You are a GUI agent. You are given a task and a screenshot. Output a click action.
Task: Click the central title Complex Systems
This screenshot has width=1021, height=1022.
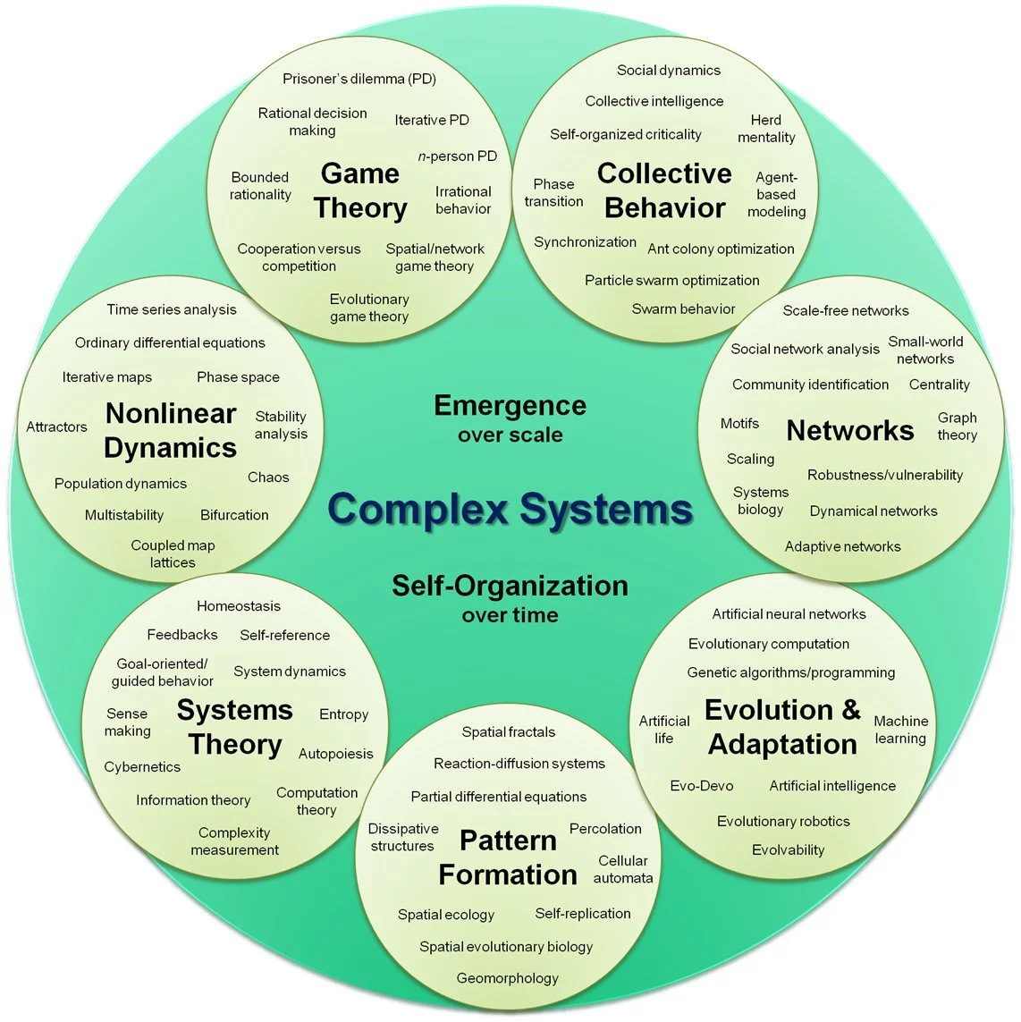point(510,509)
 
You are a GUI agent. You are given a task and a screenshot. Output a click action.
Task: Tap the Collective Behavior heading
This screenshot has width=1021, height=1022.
point(664,190)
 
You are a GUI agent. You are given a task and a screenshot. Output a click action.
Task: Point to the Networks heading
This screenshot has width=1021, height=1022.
point(849,431)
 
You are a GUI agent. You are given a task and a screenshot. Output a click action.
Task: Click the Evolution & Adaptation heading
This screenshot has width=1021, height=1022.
point(782,727)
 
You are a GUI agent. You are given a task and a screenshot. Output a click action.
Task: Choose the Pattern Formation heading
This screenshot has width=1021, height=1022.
point(508,857)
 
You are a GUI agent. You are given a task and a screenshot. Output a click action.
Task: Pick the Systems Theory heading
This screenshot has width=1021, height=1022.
point(235,727)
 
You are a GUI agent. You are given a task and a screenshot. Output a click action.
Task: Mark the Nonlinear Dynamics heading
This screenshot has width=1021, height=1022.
point(170,430)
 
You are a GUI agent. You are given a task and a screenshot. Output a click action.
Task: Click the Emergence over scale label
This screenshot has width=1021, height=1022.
point(510,418)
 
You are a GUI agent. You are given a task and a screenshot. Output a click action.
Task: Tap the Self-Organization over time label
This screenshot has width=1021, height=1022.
point(510,597)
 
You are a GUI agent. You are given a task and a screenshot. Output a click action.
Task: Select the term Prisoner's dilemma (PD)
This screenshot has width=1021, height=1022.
point(359,79)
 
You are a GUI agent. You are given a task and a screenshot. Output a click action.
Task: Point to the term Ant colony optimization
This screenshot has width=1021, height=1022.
point(721,249)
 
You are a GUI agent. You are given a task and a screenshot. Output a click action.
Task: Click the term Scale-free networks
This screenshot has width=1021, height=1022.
point(845,310)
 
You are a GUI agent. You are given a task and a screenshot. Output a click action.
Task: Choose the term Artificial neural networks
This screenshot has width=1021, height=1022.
point(789,614)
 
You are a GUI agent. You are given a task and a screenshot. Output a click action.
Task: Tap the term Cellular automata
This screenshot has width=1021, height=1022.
point(623,869)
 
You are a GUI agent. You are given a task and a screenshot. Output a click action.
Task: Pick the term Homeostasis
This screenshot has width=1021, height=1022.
point(239,606)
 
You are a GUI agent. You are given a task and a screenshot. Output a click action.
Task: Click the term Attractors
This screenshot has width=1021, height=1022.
point(56,427)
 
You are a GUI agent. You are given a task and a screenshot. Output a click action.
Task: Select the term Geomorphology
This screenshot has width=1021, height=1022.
point(507,978)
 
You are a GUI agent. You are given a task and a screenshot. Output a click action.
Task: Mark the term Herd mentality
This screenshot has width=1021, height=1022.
point(766,129)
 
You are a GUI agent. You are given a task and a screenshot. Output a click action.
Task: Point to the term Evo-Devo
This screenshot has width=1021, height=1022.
point(702,786)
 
